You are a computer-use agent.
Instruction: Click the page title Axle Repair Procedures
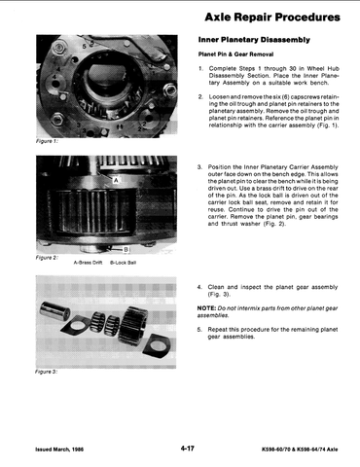click(272, 17)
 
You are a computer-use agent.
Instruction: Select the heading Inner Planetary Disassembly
click(254, 40)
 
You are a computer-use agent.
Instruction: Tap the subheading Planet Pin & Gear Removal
click(235, 54)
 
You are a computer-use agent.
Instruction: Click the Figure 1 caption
click(47, 141)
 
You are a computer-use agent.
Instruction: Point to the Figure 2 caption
click(47, 258)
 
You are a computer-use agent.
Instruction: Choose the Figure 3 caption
click(47, 372)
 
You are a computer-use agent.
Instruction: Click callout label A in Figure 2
click(116, 180)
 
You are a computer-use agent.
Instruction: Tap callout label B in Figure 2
click(126, 249)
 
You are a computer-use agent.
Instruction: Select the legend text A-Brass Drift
click(88, 263)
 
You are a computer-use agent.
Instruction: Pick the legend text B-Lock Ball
click(123, 263)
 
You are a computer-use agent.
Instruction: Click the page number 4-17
click(188, 449)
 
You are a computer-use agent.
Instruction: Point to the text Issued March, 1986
click(59, 449)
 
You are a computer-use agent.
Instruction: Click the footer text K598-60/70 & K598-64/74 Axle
click(300, 449)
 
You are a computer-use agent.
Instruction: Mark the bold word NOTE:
click(206, 308)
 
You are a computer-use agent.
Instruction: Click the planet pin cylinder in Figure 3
click(54, 309)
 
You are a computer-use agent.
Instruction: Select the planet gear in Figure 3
click(133, 325)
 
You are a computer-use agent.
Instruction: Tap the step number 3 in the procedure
click(199, 167)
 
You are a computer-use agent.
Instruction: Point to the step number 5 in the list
click(199, 330)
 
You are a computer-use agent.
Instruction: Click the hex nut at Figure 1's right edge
click(169, 90)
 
